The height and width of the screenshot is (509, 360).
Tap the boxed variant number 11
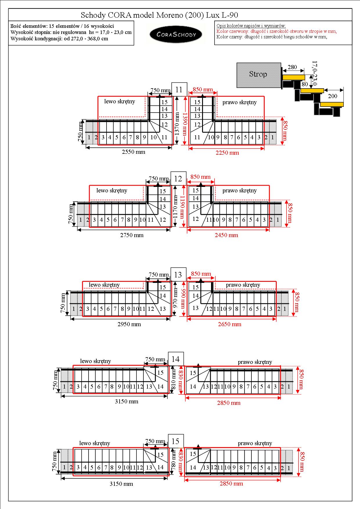[179, 90]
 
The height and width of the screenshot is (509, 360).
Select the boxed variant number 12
[178, 178]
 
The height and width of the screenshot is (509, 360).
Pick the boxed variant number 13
[178, 275]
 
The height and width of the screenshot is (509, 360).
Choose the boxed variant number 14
[176, 359]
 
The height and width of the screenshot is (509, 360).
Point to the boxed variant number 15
[176, 441]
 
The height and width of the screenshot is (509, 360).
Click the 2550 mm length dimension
[134, 152]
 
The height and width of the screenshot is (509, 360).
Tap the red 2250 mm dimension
[227, 153]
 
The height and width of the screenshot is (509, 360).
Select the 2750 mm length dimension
[132, 235]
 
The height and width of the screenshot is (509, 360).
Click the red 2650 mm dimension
[230, 324]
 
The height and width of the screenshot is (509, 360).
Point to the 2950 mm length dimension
[129, 324]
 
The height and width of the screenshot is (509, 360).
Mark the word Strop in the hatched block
[258, 74]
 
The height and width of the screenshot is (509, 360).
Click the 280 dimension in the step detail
[292, 67]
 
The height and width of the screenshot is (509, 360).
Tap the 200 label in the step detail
[333, 96]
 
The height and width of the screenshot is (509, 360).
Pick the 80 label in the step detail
[305, 84]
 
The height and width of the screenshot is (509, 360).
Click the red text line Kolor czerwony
[276, 31]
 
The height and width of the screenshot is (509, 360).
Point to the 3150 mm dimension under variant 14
[126, 401]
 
